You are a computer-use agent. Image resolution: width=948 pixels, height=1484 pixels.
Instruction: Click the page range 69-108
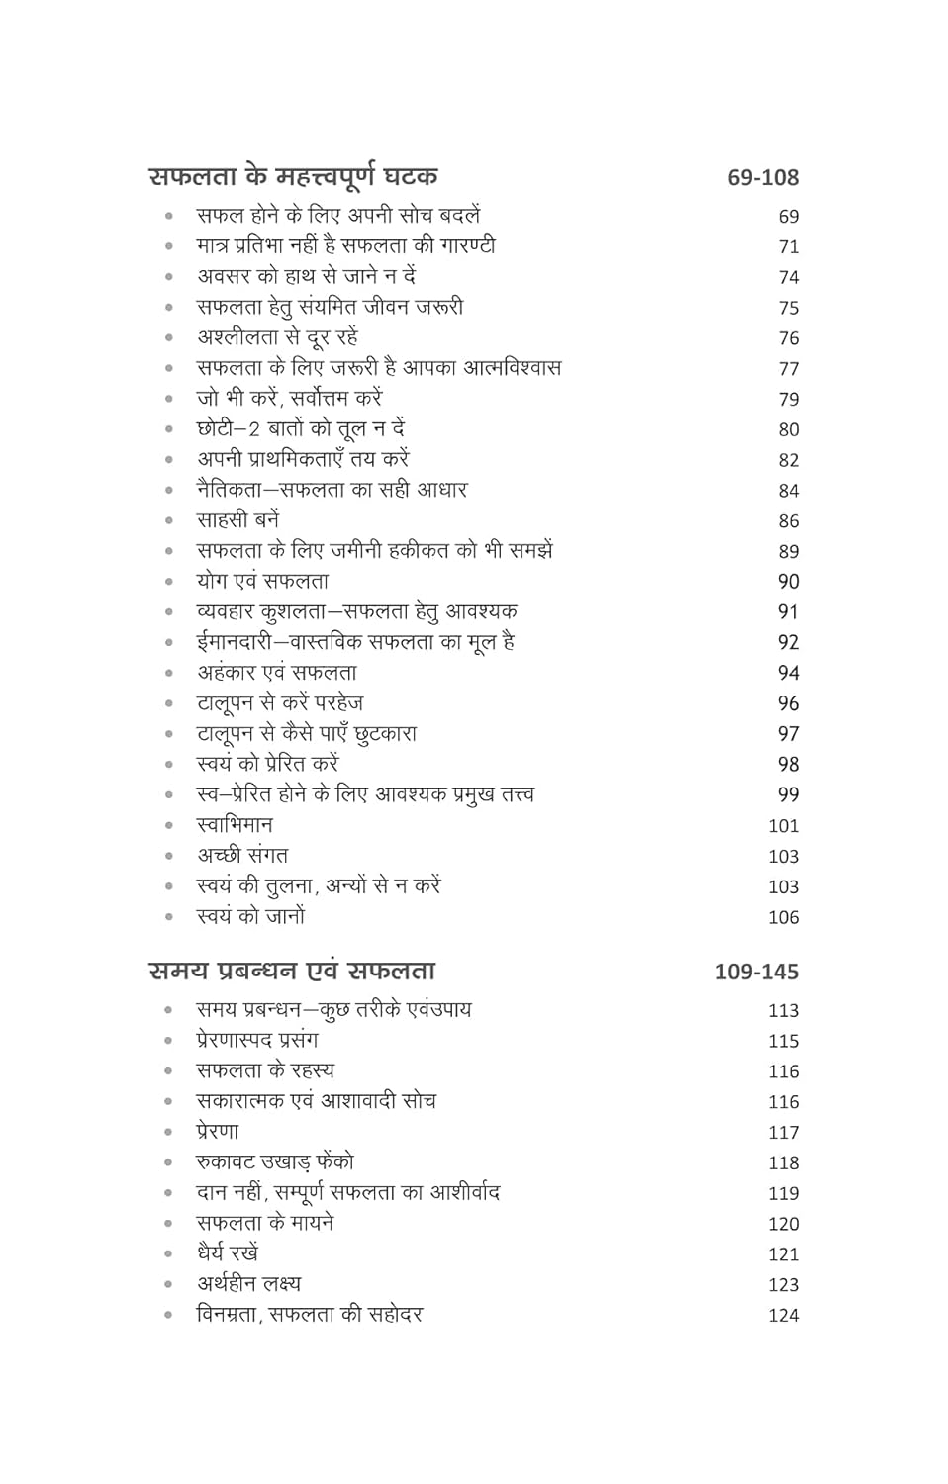762,178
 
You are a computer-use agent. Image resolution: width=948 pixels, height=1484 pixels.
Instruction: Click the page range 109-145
756,973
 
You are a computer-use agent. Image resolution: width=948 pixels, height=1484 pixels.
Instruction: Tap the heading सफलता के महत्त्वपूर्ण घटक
293,177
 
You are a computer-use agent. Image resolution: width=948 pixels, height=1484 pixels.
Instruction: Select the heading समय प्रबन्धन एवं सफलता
292,972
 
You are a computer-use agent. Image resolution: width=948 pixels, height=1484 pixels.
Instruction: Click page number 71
788,247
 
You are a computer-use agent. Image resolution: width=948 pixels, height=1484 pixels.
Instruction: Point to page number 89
788,552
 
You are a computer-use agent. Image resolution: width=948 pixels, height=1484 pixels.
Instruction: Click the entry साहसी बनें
237,520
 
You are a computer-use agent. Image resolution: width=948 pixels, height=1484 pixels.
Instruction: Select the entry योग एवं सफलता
262,582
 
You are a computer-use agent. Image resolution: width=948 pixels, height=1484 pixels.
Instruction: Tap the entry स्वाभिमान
235,825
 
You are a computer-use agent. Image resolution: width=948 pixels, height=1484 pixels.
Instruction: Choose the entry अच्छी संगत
242,856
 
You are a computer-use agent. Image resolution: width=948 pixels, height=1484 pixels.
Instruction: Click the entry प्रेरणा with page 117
218,1132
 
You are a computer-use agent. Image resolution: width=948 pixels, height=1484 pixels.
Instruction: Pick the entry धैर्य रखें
228,1253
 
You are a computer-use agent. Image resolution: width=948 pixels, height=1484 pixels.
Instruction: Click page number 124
783,1316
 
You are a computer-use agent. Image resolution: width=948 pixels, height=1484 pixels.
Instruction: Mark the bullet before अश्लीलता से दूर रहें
169,338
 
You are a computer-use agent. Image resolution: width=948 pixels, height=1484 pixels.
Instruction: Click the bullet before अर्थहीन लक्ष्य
169,1285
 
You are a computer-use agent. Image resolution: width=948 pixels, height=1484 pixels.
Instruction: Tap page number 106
783,918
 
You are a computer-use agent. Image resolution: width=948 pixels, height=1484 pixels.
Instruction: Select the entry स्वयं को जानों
250,917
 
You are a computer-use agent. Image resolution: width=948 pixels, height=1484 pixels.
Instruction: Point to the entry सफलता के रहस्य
265,1070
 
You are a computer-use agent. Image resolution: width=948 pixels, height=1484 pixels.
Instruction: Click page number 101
783,826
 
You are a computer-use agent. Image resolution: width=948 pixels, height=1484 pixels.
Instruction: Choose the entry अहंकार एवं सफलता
277,673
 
